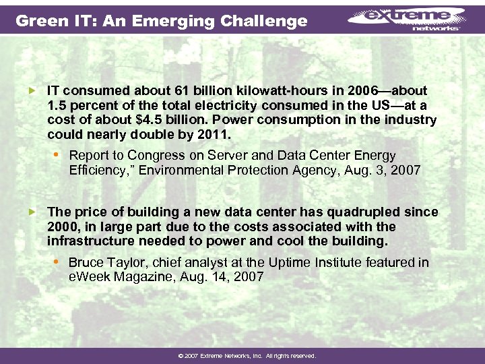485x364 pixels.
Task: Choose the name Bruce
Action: point(86,262)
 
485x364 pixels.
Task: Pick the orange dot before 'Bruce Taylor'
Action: point(57,262)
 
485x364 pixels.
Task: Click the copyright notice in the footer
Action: point(242,355)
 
